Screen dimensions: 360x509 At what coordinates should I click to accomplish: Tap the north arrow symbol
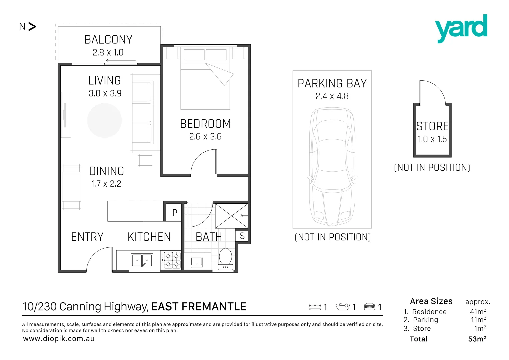32,27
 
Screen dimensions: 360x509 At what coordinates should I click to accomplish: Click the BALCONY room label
108,40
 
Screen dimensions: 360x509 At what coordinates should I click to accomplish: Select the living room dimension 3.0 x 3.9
105,93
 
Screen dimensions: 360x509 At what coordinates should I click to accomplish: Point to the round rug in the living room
104,120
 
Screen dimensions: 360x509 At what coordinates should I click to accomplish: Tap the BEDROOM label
205,124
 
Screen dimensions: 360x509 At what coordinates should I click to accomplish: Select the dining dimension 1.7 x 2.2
106,184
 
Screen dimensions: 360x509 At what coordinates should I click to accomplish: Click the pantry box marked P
174,212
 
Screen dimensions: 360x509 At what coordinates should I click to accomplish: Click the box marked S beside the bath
242,236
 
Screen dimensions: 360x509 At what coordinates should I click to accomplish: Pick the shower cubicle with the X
231,216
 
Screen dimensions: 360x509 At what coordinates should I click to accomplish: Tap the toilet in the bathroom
225,258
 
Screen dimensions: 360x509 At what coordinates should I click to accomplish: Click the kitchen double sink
142,261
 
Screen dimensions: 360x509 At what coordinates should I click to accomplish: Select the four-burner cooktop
171,260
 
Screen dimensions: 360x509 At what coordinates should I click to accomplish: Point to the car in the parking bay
332,167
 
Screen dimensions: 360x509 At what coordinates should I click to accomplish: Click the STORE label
432,126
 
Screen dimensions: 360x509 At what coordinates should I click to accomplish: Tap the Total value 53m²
477,339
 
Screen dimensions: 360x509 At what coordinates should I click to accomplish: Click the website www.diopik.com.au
59,339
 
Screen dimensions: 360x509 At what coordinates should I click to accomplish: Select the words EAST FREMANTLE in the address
199,307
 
